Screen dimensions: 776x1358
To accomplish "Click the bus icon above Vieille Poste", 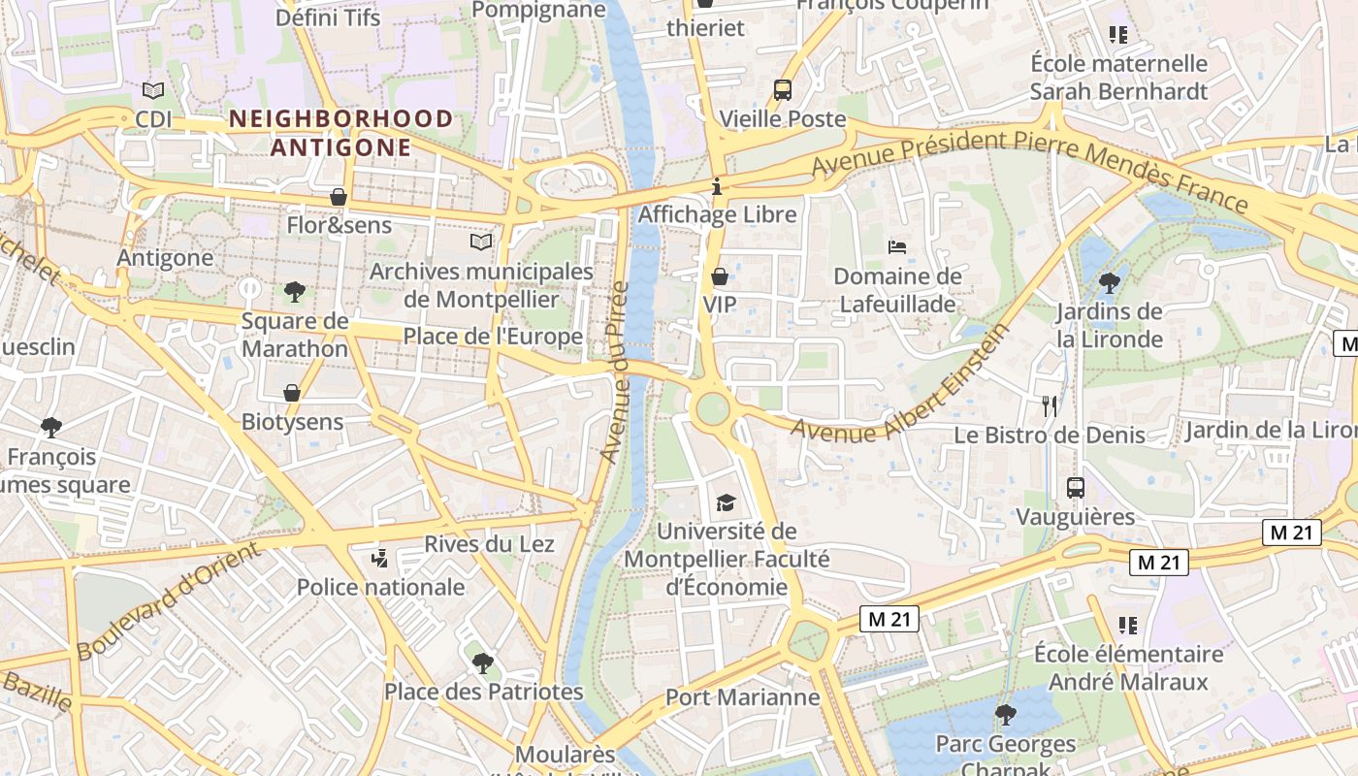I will coord(782,90).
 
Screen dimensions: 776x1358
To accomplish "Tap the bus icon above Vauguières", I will coord(1075,488).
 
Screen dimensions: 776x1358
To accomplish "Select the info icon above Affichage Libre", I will coord(717,185).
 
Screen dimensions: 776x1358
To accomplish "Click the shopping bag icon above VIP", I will coord(719,276).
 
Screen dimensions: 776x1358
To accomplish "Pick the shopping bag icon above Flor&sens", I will coord(339,197).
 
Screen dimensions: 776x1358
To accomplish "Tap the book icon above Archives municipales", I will coord(480,242).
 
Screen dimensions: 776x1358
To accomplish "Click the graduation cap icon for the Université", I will coord(726,502).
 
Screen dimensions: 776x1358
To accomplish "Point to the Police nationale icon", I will coord(380,559).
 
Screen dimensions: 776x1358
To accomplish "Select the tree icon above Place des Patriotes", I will coord(482,663).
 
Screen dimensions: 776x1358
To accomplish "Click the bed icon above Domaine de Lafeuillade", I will coord(897,247).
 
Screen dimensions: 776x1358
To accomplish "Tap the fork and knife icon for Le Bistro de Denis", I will coord(1049,406).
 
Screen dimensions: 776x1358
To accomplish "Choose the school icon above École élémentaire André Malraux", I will coord(1127,626).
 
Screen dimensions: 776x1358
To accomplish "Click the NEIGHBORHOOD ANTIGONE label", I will coord(340,133).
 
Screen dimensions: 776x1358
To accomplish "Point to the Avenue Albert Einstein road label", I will coord(900,386).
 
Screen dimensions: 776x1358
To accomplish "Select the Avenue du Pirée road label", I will coord(615,372).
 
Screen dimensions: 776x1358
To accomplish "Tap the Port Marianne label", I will coord(742,697).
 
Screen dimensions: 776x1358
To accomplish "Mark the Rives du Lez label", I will coord(489,543).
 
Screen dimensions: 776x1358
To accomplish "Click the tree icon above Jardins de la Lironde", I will coord(1109,283).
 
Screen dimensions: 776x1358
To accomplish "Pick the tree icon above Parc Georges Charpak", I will coord(1005,715).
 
